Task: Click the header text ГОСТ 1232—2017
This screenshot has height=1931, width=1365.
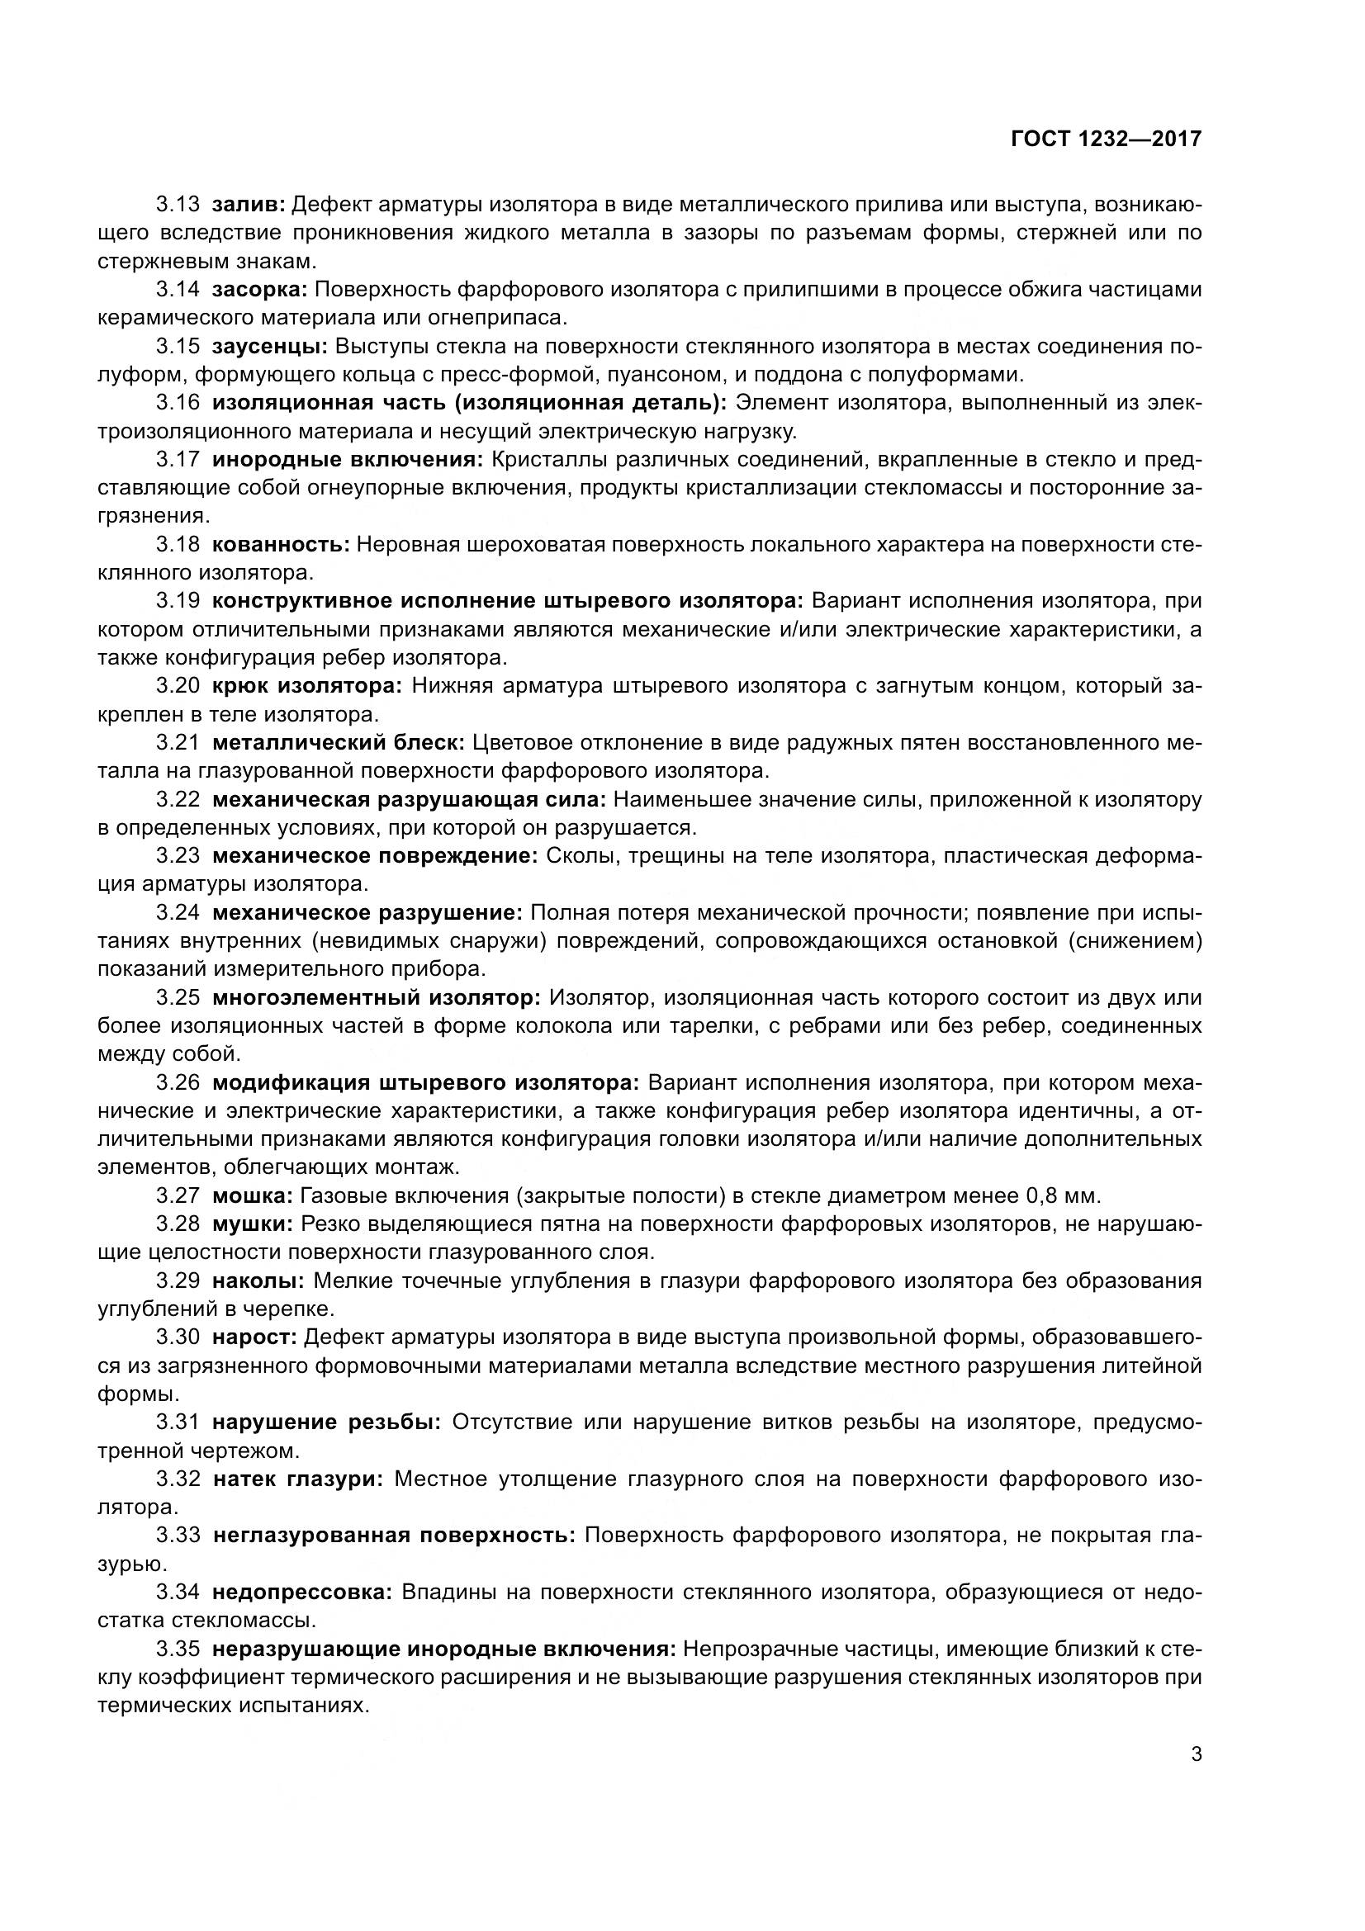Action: (1106, 140)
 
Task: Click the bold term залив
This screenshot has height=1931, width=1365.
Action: (249, 205)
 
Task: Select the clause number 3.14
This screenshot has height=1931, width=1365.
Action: (178, 289)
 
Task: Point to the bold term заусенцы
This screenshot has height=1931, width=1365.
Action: (270, 346)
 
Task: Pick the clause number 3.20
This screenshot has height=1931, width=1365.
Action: (178, 685)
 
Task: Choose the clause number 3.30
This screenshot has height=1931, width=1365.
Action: (178, 1337)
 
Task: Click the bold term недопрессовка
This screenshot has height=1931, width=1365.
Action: (303, 1591)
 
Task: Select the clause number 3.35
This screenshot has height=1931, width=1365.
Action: (178, 1648)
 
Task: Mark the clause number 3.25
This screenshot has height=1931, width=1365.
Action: (178, 997)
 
